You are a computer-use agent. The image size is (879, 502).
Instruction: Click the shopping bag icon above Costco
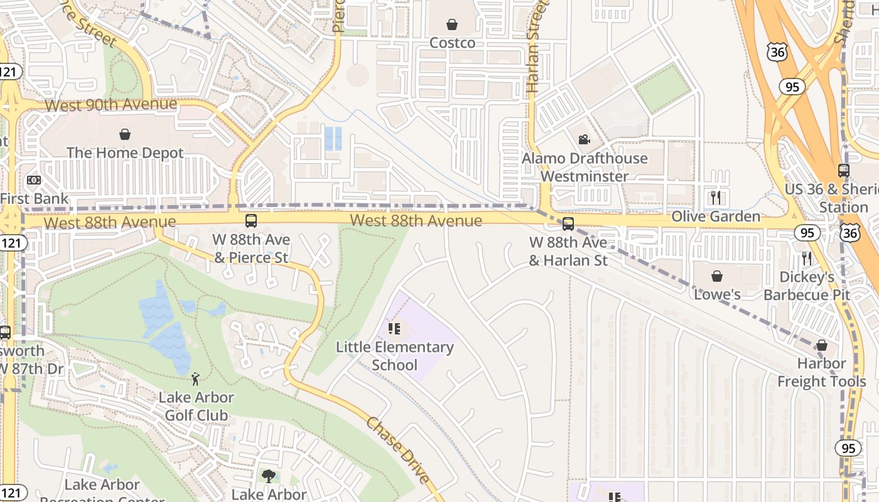coord(451,24)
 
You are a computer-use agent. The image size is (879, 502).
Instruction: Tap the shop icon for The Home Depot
coord(125,134)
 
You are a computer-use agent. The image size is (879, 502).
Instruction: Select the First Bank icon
coord(34,180)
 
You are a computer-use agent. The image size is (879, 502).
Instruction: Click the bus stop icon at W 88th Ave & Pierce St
coord(251,221)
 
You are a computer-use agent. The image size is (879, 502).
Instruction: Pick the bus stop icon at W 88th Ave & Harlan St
coord(568,224)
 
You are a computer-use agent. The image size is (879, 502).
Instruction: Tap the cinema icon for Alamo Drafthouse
coord(584,139)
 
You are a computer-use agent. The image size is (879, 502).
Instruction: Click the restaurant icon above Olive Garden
coord(716,198)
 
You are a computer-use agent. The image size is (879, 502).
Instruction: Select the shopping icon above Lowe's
coord(717,276)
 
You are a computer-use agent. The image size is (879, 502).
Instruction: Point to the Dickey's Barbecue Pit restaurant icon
coord(807,258)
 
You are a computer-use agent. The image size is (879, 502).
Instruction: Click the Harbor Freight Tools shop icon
coord(821,345)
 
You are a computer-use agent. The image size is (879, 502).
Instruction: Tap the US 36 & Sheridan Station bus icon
coord(844,170)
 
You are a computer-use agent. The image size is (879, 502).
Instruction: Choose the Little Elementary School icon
coord(394,328)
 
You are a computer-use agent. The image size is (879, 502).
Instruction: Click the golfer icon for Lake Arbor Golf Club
coord(196,378)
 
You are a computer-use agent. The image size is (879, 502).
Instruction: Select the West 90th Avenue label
coord(111,105)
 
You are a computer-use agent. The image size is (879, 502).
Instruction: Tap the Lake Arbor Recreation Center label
coord(102,491)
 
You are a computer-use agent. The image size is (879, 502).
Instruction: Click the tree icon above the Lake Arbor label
coord(269,476)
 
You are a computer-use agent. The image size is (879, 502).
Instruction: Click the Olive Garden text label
coord(716,217)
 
